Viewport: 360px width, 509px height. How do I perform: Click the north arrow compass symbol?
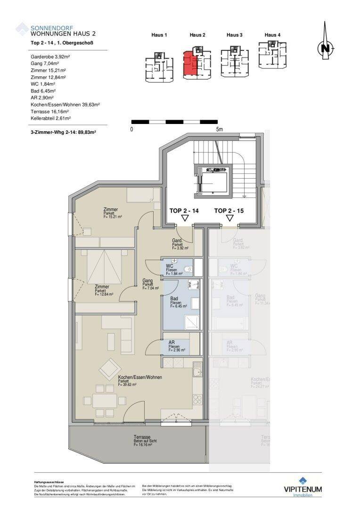click(325, 47)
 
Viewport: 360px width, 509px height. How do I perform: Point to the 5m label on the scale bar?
click(219, 130)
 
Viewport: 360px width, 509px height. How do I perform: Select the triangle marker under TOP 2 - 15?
click(230, 218)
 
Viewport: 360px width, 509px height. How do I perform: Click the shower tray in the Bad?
click(192, 320)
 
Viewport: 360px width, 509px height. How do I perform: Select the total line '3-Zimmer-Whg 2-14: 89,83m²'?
click(63, 133)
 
